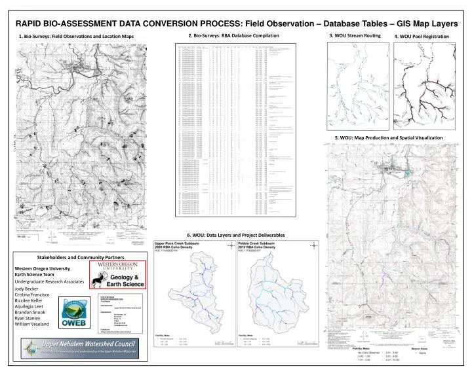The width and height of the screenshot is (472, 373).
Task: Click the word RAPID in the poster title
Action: click(34, 22)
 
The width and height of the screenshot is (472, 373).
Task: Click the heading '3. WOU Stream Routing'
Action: click(354, 35)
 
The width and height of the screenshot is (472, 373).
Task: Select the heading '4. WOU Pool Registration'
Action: click(422, 36)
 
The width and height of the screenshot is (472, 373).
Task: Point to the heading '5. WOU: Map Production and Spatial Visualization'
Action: click(388, 137)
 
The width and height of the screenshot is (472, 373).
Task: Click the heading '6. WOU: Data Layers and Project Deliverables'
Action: click(236, 234)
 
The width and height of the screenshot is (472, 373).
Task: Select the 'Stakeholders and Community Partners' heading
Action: click(81, 258)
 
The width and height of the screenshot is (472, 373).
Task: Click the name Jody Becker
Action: click(27, 289)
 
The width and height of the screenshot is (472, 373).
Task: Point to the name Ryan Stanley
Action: click(28, 317)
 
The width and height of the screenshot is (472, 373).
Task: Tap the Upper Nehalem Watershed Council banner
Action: click(82, 347)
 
